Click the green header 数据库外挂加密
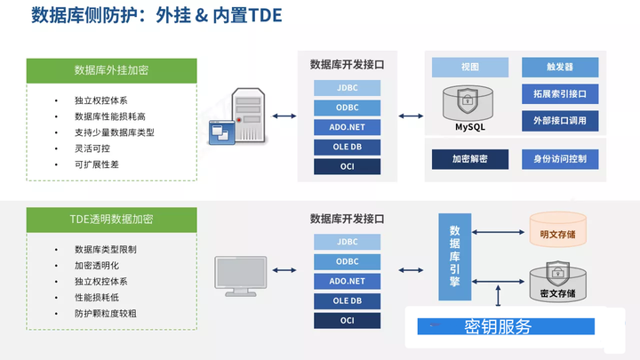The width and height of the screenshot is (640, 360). pos(111,70)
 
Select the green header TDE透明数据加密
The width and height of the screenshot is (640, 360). pos(111,220)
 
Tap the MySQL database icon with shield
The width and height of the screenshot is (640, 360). pos(468,103)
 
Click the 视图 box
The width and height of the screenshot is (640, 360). pos(470,68)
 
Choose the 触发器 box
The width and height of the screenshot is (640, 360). pos(560,68)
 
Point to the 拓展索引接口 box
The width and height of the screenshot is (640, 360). pos(560,94)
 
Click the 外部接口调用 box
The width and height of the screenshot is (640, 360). pos(560,121)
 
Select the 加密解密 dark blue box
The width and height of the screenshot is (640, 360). pos(470,159)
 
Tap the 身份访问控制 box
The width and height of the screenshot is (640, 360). pos(560,159)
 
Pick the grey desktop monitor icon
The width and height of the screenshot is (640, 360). pos(241,276)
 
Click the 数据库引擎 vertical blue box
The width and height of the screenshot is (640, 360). pos(455,257)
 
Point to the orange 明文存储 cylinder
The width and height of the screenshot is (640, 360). pos(558,229)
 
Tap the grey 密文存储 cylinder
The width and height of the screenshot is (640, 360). pos(558,282)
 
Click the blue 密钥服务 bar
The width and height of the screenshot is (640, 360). pos(506,326)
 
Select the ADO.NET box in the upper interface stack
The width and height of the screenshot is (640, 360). pos(348,127)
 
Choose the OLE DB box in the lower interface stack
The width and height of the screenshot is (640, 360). pos(348,301)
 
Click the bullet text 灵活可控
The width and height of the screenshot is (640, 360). pos(92,148)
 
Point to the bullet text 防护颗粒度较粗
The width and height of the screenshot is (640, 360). pos(105,314)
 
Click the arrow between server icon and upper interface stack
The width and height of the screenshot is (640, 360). pos(284,116)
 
